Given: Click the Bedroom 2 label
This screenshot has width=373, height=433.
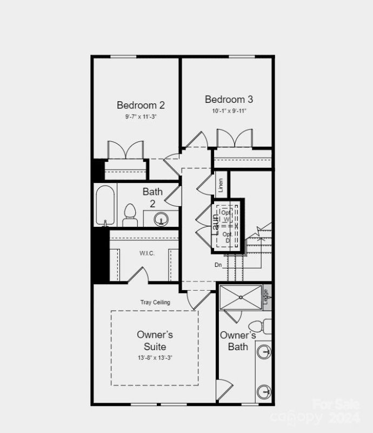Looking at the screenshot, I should pos(141,105).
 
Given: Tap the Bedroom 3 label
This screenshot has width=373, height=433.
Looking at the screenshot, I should pos(229,100).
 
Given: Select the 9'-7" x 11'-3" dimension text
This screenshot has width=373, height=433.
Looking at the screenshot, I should pos(141,116).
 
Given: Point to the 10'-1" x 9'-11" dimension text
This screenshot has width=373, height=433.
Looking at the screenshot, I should pos(229,111).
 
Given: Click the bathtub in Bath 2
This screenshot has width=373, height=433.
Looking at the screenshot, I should pos(105,206).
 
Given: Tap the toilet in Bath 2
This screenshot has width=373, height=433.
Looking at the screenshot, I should pos(130,215).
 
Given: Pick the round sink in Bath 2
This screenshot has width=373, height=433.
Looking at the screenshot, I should pos(161,219).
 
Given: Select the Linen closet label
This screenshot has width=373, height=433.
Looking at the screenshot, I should pos(221,185).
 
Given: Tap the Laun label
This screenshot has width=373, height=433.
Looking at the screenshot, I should pos(215,224).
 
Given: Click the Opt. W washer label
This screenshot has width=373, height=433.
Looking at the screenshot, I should pos(227,215).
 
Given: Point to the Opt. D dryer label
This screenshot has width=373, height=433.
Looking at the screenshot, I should pos(227,237).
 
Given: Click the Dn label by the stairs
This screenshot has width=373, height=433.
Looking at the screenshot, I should pos(218,265).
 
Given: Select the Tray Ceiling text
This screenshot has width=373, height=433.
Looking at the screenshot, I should pos(155,302).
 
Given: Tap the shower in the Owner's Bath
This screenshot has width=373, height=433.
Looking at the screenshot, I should pos(241,297).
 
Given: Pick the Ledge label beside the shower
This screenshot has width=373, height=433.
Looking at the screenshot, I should pos(266,297).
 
